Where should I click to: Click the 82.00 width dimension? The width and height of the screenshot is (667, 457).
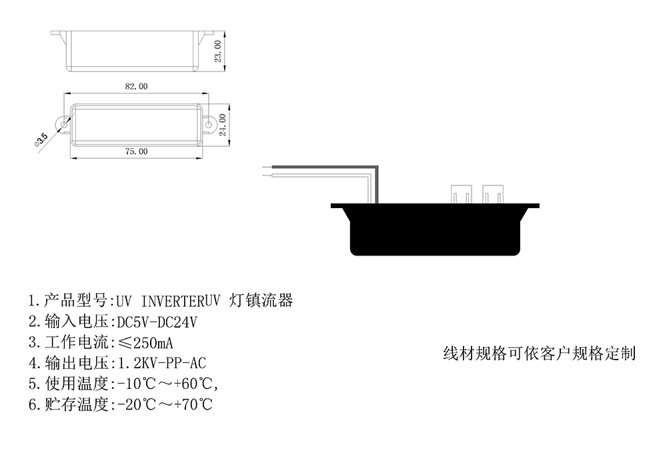coord(136,86)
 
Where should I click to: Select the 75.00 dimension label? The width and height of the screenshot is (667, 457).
coord(136,151)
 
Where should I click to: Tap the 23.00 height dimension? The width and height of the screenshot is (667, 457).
coord(218,51)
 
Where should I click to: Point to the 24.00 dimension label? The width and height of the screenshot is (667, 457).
coord(223,125)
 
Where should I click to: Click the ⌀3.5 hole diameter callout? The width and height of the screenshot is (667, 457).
coord(41,140)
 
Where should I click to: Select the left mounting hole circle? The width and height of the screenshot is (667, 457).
coord(64,125)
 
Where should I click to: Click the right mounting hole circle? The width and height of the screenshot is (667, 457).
coord(209,125)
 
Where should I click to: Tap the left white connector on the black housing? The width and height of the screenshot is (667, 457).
coord(461,194)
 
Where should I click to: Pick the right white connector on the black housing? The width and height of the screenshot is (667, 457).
coord(493,194)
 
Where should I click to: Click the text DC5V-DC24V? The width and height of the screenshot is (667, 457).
coord(157,322)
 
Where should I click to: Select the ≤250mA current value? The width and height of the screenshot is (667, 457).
coord(145,342)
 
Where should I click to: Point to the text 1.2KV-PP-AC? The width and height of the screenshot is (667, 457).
coord(161,363)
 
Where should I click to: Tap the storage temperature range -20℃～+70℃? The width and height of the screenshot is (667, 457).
coord(164,404)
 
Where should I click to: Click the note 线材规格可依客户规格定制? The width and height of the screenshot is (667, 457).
coord(540,353)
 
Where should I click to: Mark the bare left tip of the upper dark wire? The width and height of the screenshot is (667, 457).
coord(263,167)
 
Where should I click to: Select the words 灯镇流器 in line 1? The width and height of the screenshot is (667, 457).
coord(261,300)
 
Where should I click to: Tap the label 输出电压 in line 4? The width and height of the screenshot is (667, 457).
coord(77,363)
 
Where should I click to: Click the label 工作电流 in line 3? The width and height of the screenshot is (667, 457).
coord(77,342)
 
